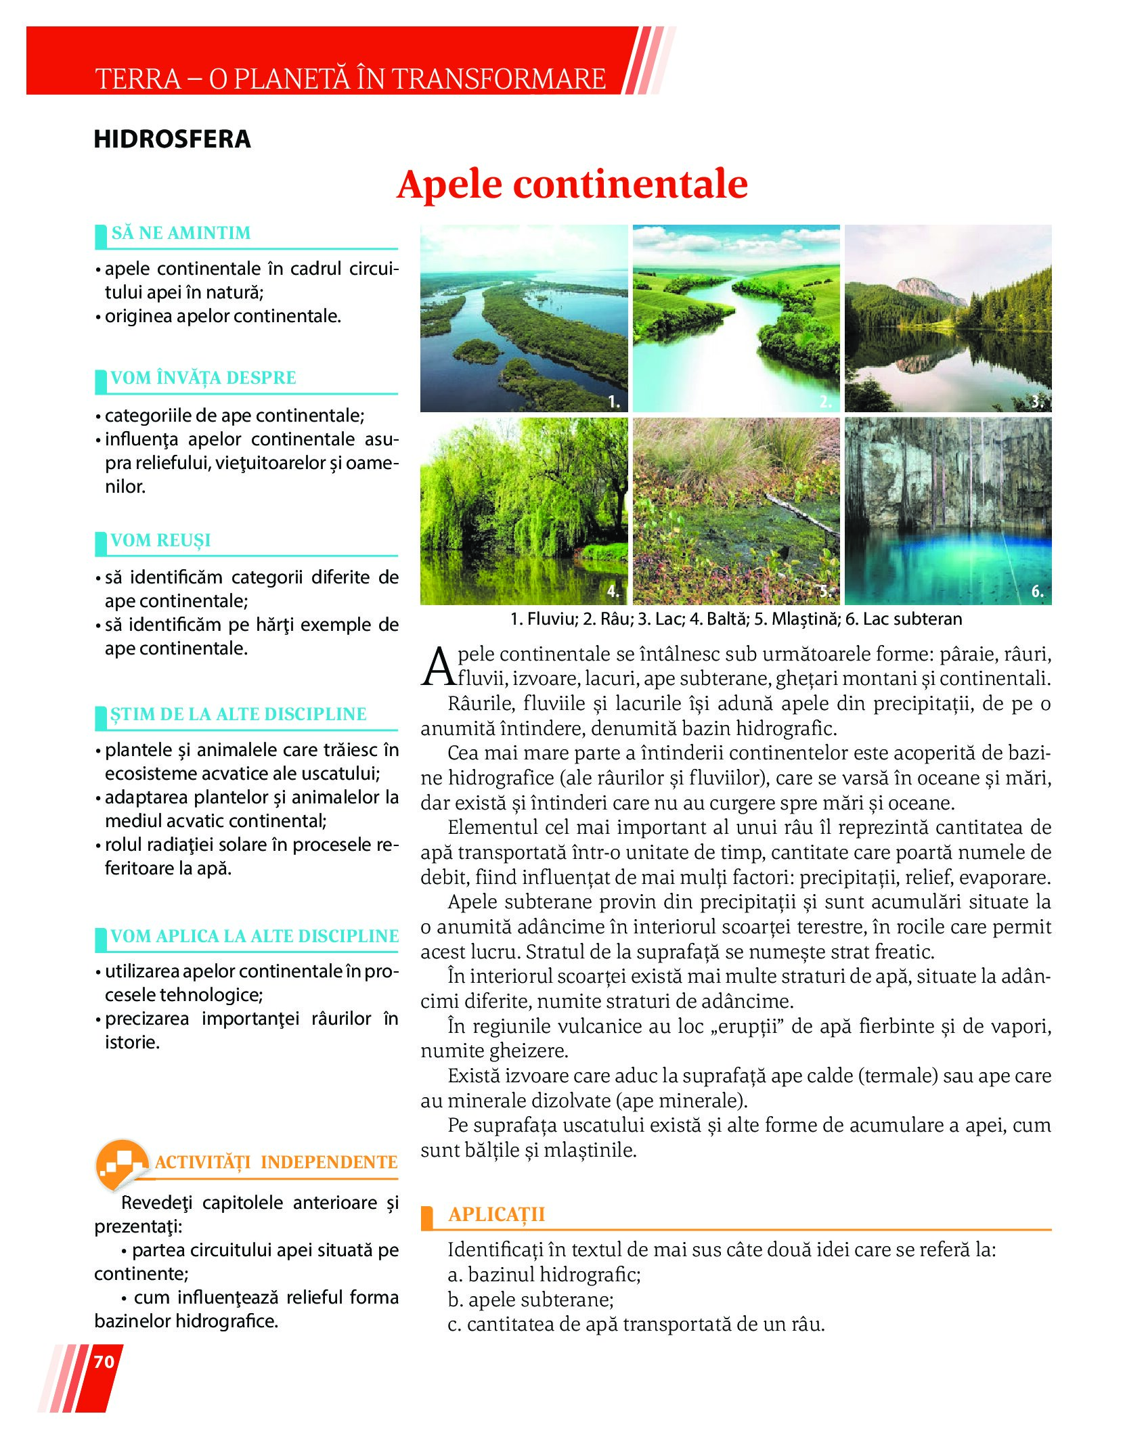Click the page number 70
[104, 1361]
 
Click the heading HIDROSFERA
[172, 139]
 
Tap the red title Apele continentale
[572, 184]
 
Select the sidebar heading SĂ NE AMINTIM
[181, 233]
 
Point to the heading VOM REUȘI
[160, 540]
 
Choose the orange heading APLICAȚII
[496, 1214]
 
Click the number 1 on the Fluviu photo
[613, 401]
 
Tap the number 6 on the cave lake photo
[1037, 592]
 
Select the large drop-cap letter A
[438, 667]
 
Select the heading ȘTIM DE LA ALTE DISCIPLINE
[238, 714]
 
